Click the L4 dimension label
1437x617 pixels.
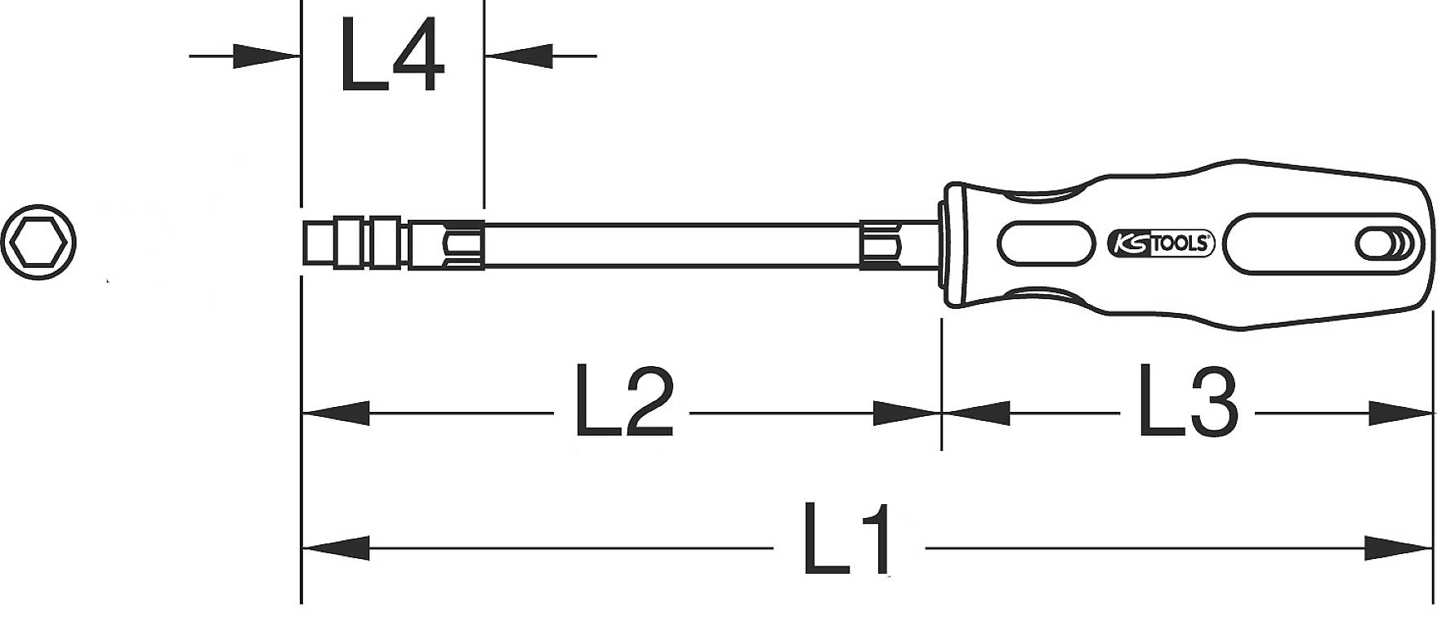tap(392, 56)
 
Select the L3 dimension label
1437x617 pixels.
tap(1189, 401)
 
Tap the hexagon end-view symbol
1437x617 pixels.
tap(38, 244)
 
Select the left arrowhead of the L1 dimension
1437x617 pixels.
tap(335, 548)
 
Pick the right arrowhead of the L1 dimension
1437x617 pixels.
tap(1401, 548)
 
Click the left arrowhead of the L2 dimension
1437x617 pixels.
tap(335, 414)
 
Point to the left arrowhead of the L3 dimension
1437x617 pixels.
tap(975, 414)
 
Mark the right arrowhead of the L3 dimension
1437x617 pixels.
tap(1401, 414)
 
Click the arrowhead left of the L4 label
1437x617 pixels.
tap(266, 56)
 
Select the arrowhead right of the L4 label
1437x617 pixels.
tap(520, 56)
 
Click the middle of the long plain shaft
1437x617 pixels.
tap(670, 243)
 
